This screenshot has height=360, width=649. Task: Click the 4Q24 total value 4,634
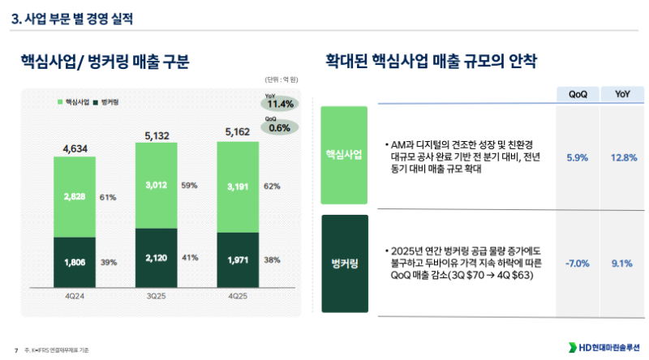(x=75, y=148)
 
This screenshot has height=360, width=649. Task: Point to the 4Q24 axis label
(x=75, y=296)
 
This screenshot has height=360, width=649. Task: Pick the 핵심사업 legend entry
(x=74, y=102)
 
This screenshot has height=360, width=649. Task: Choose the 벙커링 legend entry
(x=107, y=102)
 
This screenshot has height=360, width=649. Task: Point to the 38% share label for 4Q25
(x=273, y=261)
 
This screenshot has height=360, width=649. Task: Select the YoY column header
(x=622, y=94)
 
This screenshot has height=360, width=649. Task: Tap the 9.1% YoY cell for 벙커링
(x=621, y=263)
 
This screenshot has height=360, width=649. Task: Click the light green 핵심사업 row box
(x=344, y=155)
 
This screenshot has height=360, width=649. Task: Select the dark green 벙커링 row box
(x=344, y=264)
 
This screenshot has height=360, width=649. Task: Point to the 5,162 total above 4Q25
(x=239, y=131)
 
